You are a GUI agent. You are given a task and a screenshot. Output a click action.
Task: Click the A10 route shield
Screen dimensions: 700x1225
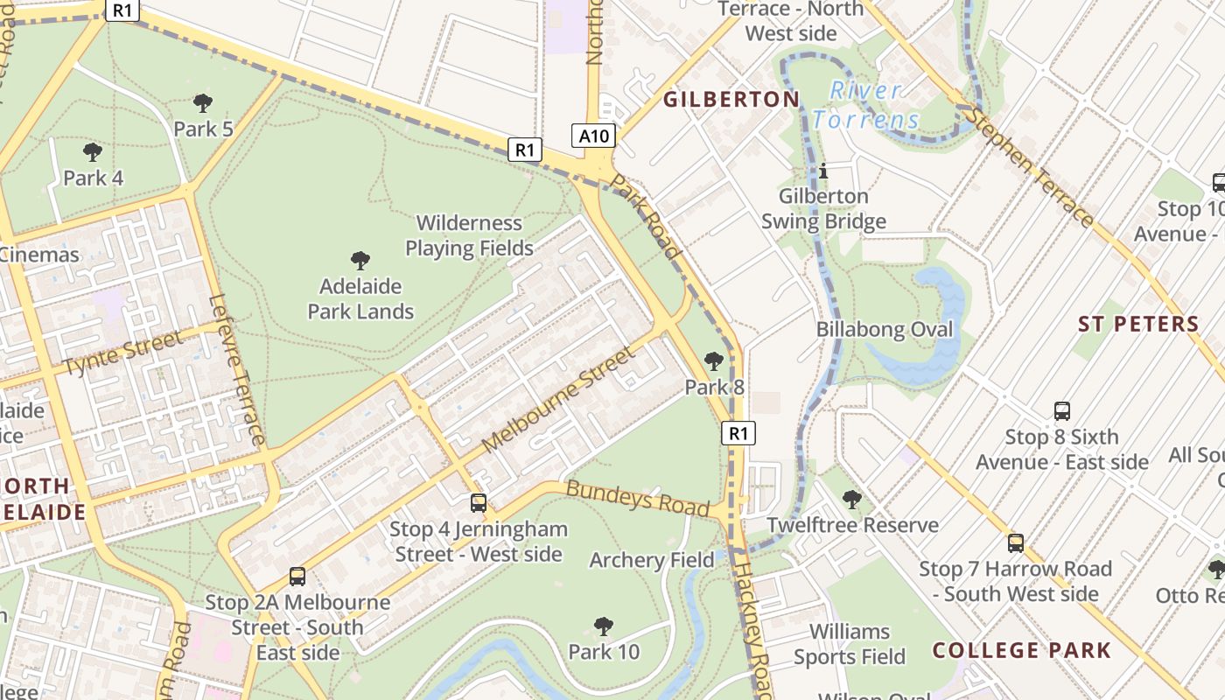594,136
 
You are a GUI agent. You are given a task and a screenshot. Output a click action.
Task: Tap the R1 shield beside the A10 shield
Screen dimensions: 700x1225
523,150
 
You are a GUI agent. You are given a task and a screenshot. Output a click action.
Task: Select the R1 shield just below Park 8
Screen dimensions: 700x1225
738,432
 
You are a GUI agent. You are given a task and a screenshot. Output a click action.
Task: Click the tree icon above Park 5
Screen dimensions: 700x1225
203,103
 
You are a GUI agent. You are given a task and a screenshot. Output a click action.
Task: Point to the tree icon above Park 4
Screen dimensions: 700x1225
93,152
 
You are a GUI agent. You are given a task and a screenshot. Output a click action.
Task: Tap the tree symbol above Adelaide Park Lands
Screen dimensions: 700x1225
360,260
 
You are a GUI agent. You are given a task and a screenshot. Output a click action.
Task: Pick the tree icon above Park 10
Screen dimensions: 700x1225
603,626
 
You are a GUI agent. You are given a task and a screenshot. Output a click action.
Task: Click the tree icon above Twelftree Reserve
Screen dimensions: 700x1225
851,500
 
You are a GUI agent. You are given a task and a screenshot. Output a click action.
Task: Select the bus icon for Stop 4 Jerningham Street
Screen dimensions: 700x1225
479,503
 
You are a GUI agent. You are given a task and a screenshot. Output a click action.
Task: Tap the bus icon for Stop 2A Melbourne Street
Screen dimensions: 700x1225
297,577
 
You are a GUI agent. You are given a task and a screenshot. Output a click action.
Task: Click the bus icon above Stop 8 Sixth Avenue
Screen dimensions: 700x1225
1062,410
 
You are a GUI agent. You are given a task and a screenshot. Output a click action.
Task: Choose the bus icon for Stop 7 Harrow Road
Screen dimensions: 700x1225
1016,543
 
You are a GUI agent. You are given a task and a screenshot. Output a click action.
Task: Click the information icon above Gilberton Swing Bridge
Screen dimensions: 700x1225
823,171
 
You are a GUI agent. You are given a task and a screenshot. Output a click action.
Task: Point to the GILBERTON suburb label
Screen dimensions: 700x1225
731,100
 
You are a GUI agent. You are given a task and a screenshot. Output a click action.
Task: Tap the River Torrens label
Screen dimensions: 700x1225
865,105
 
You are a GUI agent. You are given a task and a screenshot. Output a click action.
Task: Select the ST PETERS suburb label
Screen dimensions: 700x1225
1138,325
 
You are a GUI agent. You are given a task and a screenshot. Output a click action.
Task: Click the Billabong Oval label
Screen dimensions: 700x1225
885,330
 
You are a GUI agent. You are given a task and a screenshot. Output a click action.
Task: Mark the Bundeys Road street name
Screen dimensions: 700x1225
637,497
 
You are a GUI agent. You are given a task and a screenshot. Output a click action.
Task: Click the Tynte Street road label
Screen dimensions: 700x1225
124,353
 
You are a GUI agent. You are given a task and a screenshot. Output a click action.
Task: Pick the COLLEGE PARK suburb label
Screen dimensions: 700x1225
1021,651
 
